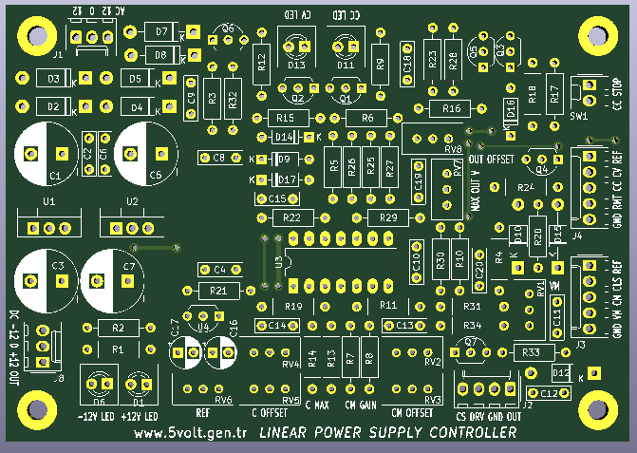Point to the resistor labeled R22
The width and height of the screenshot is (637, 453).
[x=292, y=218]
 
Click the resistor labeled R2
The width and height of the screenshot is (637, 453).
[x=119, y=328]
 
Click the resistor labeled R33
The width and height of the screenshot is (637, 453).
[x=531, y=351]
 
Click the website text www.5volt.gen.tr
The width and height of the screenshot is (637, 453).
[x=191, y=433]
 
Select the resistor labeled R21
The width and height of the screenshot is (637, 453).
[x=219, y=290]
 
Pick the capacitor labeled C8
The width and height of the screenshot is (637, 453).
[x=219, y=158]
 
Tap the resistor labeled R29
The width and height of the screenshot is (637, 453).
[x=387, y=218]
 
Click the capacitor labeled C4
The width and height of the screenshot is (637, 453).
[x=220, y=269]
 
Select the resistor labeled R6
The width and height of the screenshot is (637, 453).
[x=366, y=118]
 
